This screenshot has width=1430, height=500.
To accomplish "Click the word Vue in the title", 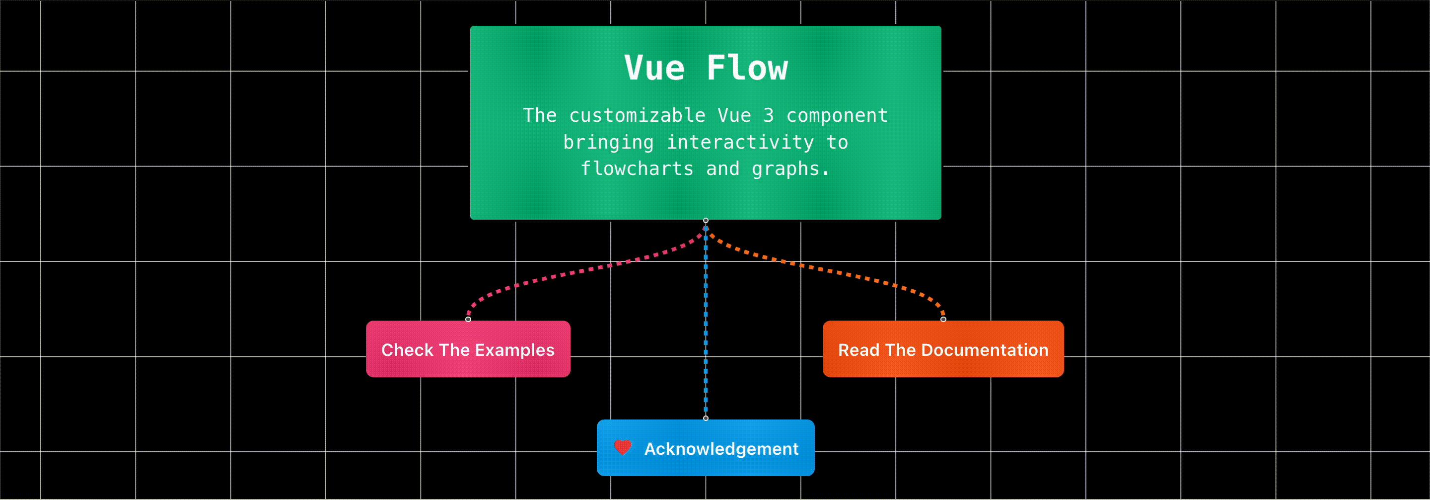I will pos(654,68).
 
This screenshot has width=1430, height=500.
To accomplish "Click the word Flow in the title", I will pos(747,68).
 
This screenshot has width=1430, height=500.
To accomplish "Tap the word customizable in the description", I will pos(637,115).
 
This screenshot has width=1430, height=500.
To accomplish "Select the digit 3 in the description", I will pos(768,115).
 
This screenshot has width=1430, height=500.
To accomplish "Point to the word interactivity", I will pos(740,142).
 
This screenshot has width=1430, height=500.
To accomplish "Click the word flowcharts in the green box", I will pos(637,168).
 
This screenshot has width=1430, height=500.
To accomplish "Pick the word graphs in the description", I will pos(786,169).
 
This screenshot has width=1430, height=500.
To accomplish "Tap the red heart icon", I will pos(623,447).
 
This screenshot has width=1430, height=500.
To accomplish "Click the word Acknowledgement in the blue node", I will pos(721,449).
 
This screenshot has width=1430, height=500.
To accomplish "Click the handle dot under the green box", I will pos(706,221).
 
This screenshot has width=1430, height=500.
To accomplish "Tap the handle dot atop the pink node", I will pos(468,320).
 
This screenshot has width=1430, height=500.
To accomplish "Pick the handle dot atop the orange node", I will pos(943,320).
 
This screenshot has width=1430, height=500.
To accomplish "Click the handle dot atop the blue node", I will pos(706,418).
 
